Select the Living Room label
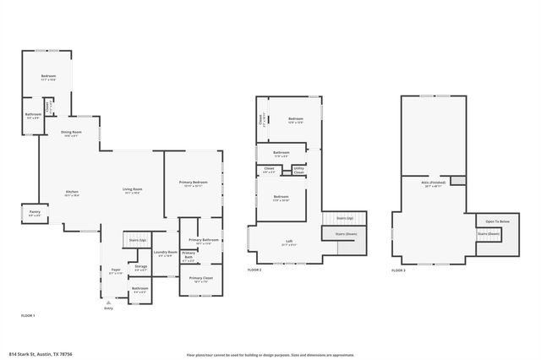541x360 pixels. point(133,188)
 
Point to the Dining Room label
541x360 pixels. point(71,132)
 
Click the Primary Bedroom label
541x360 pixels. point(193,183)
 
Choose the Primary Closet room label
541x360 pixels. point(200,278)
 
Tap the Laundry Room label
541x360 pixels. point(166,252)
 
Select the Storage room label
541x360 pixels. point(140,267)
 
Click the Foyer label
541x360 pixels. point(116,270)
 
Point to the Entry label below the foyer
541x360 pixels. point(108,308)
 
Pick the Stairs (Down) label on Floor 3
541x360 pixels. point(489,233)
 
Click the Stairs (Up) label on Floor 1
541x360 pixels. point(138,240)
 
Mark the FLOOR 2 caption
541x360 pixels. point(254,270)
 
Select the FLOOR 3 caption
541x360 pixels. point(398,270)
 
